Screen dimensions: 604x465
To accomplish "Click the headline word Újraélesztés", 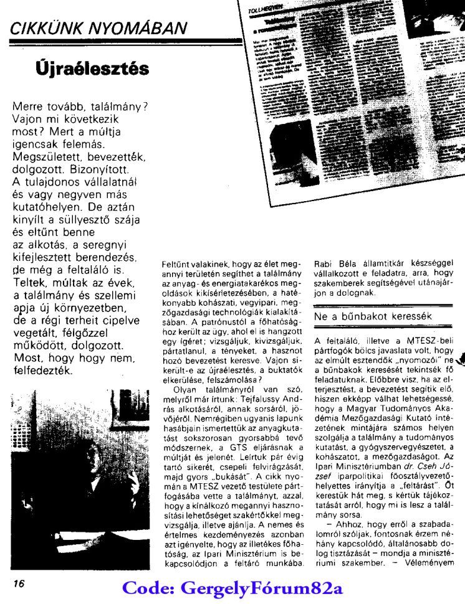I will click(x=92, y=67).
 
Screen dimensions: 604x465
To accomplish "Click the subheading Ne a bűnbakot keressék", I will click(x=364, y=316).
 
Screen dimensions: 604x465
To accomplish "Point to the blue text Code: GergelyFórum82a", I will click(x=233, y=588).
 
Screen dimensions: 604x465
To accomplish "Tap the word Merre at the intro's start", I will click(x=29, y=106).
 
